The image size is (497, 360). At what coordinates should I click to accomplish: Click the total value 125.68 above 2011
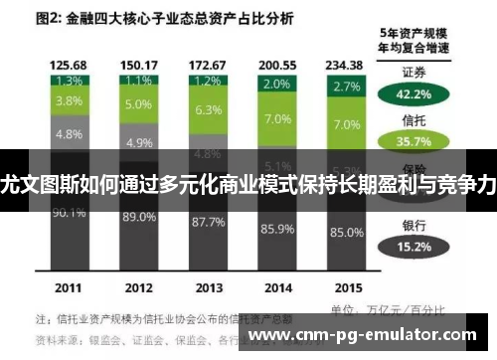pyautogui.click(x=68, y=64)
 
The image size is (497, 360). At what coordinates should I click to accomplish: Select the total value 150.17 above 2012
pyautogui.click(x=138, y=64)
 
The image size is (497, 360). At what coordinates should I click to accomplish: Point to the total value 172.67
pyautogui.click(x=208, y=64)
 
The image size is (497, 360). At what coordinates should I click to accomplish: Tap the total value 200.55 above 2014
pyautogui.click(x=277, y=64)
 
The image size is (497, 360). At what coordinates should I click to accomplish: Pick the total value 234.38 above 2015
pyautogui.click(x=348, y=64)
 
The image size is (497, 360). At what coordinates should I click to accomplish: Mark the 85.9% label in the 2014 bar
pyautogui.click(x=277, y=229)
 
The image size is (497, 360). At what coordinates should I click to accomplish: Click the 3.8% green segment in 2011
pyautogui.click(x=68, y=100)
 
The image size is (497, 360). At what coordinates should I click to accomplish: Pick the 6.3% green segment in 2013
pyautogui.click(x=208, y=110)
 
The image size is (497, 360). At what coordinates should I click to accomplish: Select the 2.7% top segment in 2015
pyautogui.click(x=348, y=87)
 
